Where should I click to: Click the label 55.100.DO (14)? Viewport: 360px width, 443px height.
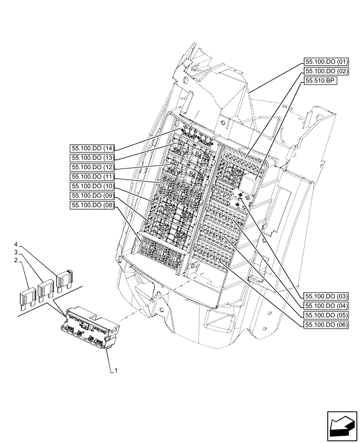pyautogui.click(x=92, y=148)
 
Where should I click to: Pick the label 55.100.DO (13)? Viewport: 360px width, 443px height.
pyautogui.click(x=92, y=158)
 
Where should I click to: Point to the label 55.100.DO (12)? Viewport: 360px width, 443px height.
pyautogui.click(x=92, y=167)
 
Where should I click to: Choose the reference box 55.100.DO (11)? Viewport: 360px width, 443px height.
pyautogui.click(x=92, y=176)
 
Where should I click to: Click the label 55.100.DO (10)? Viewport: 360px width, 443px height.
pyautogui.click(x=92, y=186)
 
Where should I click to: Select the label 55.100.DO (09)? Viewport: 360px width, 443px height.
pyautogui.click(x=92, y=195)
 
